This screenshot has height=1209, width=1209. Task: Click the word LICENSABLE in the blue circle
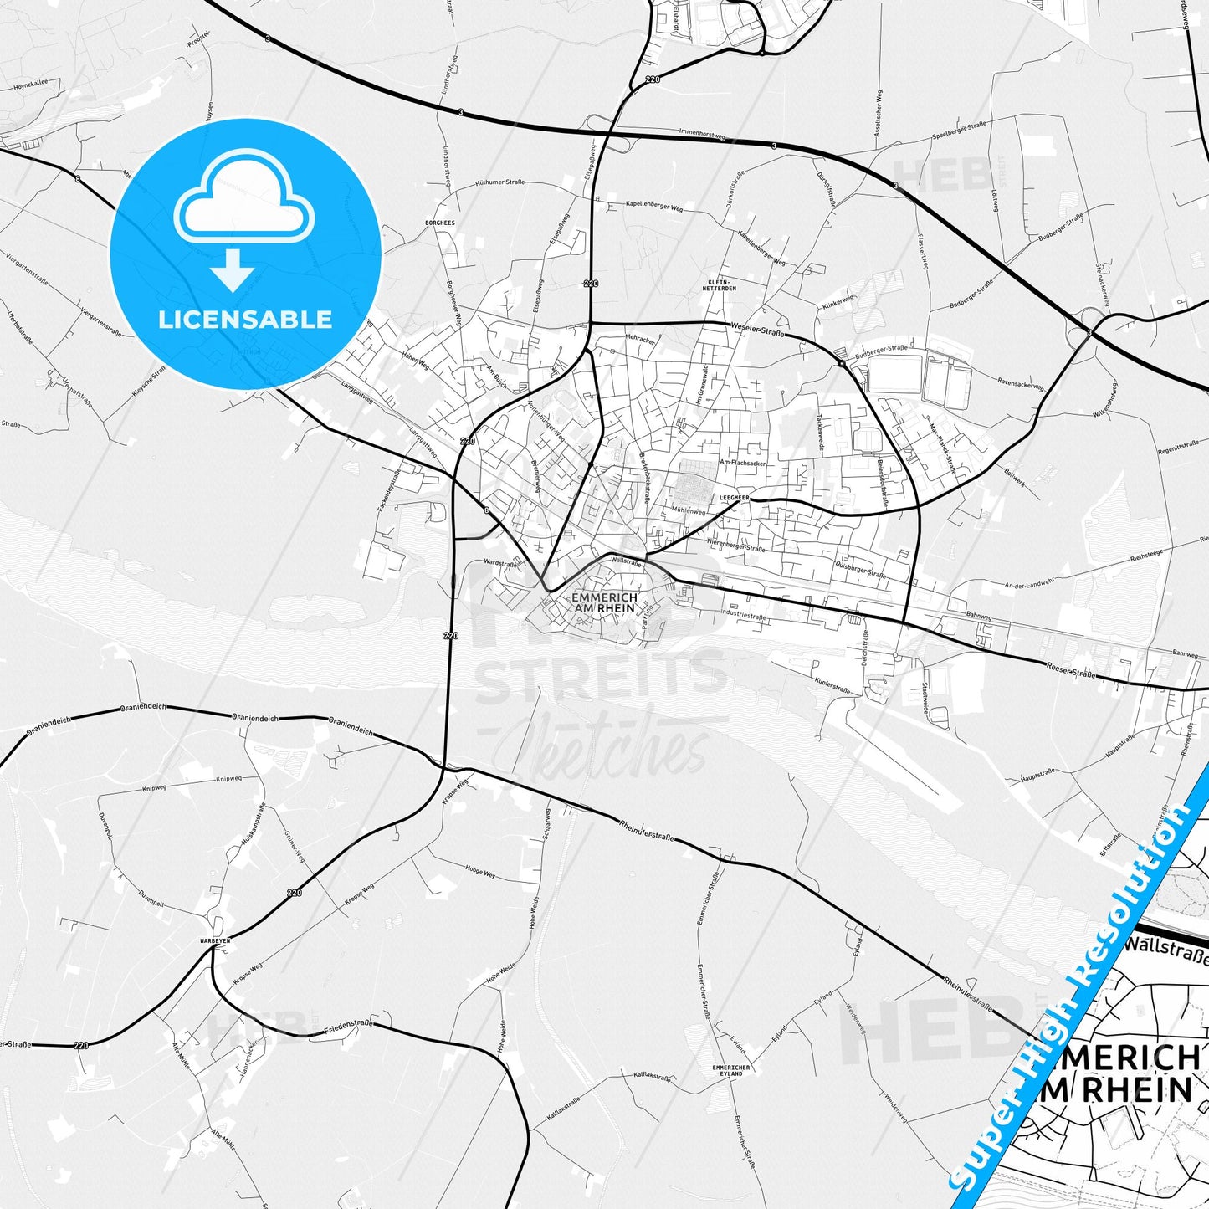(245, 319)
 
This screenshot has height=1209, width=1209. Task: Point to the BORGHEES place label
(440, 223)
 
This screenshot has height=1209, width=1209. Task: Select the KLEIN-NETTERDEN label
(721, 284)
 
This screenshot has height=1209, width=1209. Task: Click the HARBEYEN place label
(215, 940)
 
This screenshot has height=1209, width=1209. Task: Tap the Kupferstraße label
(832, 684)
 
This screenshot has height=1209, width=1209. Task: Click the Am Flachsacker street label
(743, 462)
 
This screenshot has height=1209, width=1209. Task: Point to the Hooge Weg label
(479, 872)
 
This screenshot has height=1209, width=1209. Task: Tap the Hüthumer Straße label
(499, 182)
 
